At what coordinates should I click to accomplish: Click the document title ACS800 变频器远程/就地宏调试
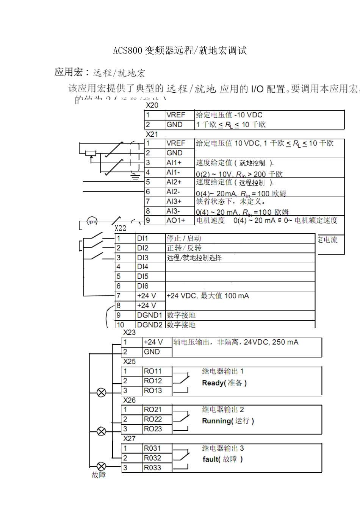(180, 51)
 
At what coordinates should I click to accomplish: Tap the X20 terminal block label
(152, 105)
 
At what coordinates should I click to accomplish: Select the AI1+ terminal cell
(174, 162)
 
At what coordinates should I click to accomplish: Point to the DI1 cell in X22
(142, 238)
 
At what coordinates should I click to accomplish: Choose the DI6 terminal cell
(142, 286)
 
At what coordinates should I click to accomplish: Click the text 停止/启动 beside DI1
(184, 238)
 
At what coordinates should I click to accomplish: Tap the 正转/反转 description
(184, 248)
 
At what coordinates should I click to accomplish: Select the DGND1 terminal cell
(150, 315)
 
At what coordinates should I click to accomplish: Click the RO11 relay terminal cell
(153, 371)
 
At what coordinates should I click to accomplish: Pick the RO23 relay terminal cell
(153, 429)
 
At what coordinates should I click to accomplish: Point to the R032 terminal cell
(152, 458)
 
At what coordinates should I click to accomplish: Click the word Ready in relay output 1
(213, 383)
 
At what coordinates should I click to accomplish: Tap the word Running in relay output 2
(216, 421)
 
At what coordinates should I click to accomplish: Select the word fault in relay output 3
(210, 459)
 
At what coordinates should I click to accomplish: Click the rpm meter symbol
(92, 222)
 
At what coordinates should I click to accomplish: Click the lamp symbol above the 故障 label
(102, 467)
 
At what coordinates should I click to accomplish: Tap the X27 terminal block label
(129, 439)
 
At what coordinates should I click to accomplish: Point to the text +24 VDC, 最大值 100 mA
(208, 296)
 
